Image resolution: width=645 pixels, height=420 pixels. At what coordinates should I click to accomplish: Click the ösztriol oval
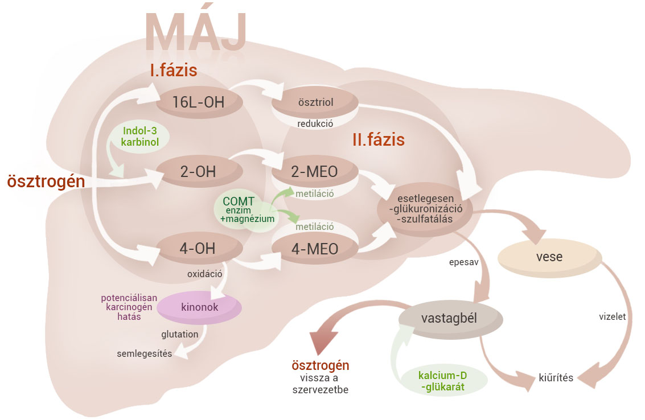point(315,102)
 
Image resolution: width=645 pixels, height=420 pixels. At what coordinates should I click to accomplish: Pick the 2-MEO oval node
point(315,170)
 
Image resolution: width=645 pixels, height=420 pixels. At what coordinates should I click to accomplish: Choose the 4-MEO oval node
point(315,248)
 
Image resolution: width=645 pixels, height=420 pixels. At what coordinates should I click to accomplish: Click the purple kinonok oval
point(199,307)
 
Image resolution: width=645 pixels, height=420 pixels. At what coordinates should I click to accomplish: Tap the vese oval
point(549,257)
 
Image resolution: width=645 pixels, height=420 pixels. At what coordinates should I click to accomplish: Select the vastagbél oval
point(450,317)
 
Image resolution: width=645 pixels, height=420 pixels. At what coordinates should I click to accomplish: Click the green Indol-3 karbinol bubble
point(139,135)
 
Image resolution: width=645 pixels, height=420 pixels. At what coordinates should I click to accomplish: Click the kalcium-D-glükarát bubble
point(444,380)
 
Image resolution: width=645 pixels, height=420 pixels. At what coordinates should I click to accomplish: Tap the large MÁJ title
point(196,31)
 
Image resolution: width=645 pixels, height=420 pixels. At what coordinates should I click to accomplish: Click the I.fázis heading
point(173,71)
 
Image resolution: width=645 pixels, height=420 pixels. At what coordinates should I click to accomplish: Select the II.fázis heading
point(378,139)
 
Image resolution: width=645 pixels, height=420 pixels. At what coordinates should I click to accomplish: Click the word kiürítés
point(556,377)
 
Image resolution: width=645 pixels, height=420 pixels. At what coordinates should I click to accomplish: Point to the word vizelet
point(613,317)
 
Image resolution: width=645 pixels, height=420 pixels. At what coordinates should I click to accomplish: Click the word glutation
point(180,334)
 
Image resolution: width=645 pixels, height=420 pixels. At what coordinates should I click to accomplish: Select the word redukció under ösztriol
point(315,123)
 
